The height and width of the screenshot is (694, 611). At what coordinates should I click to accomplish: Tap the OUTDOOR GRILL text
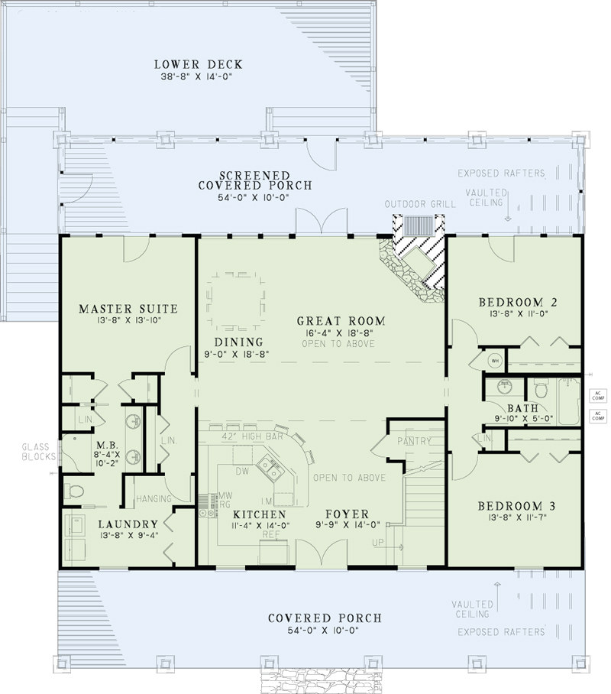(x=420, y=204)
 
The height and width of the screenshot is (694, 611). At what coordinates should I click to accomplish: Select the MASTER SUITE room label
(x=128, y=309)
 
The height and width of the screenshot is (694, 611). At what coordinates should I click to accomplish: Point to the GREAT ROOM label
(x=341, y=321)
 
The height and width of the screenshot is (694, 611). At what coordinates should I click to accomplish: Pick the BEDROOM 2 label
(x=517, y=302)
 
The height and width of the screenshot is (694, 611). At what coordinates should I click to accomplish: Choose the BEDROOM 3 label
(x=517, y=506)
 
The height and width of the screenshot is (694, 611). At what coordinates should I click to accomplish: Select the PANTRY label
(x=414, y=441)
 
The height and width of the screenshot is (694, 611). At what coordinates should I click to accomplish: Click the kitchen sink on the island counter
(x=270, y=465)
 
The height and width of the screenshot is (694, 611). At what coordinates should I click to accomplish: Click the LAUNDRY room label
(x=128, y=524)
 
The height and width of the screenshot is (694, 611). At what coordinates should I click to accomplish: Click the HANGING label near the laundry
(x=153, y=498)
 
